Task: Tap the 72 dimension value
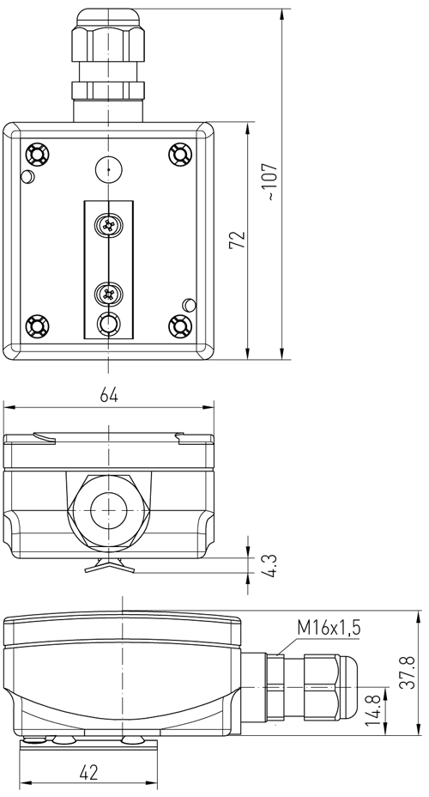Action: pyautogui.click(x=237, y=240)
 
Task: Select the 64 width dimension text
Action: pyautogui.click(x=109, y=395)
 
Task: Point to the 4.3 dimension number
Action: pyautogui.click(x=270, y=566)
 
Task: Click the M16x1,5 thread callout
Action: pyautogui.click(x=329, y=629)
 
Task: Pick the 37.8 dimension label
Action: pyautogui.click(x=407, y=672)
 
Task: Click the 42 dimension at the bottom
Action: pyautogui.click(x=89, y=773)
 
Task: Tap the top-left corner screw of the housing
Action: pyautogui.click(x=37, y=154)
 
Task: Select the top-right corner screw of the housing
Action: pyautogui.click(x=180, y=154)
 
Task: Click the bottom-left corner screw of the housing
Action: pyautogui.click(x=37, y=325)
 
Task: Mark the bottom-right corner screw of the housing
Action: pyautogui.click(x=180, y=325)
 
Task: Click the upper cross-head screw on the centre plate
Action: pyautogui.click(x=108, y=225)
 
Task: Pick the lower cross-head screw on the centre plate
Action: pyautogui.click(x=108, y=293)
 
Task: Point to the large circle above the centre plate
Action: pyautogui.click(x=109, y=170)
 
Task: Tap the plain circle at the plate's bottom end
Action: pyautogui.click(x=108, y=323)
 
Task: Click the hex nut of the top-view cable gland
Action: pyautogui.click(x=109, y=44)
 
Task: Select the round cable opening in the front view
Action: pyautogui.click(x=109, y=510)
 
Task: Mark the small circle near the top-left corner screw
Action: pyautogui.click(x=27, y=176)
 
